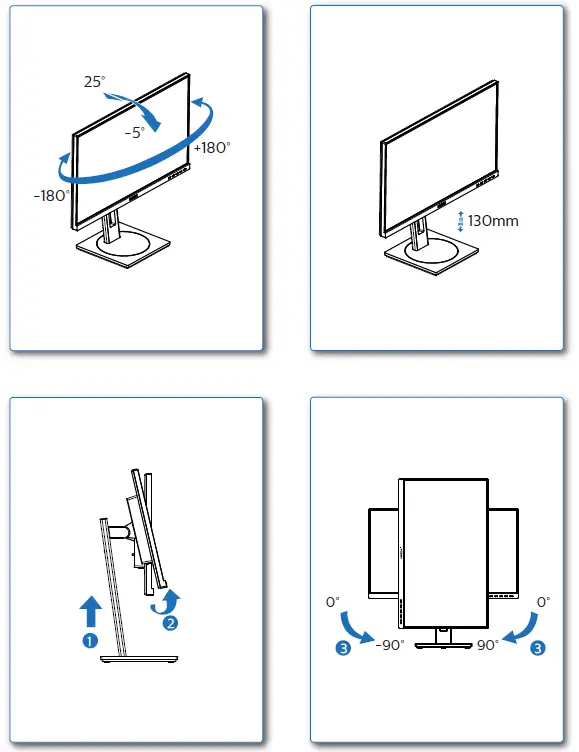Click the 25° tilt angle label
94,82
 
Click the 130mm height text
493,220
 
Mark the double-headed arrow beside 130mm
460,221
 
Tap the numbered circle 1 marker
90,640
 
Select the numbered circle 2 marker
171,624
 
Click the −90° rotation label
388,645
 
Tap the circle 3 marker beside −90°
343,648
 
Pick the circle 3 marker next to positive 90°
539,648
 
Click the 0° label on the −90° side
332,603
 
